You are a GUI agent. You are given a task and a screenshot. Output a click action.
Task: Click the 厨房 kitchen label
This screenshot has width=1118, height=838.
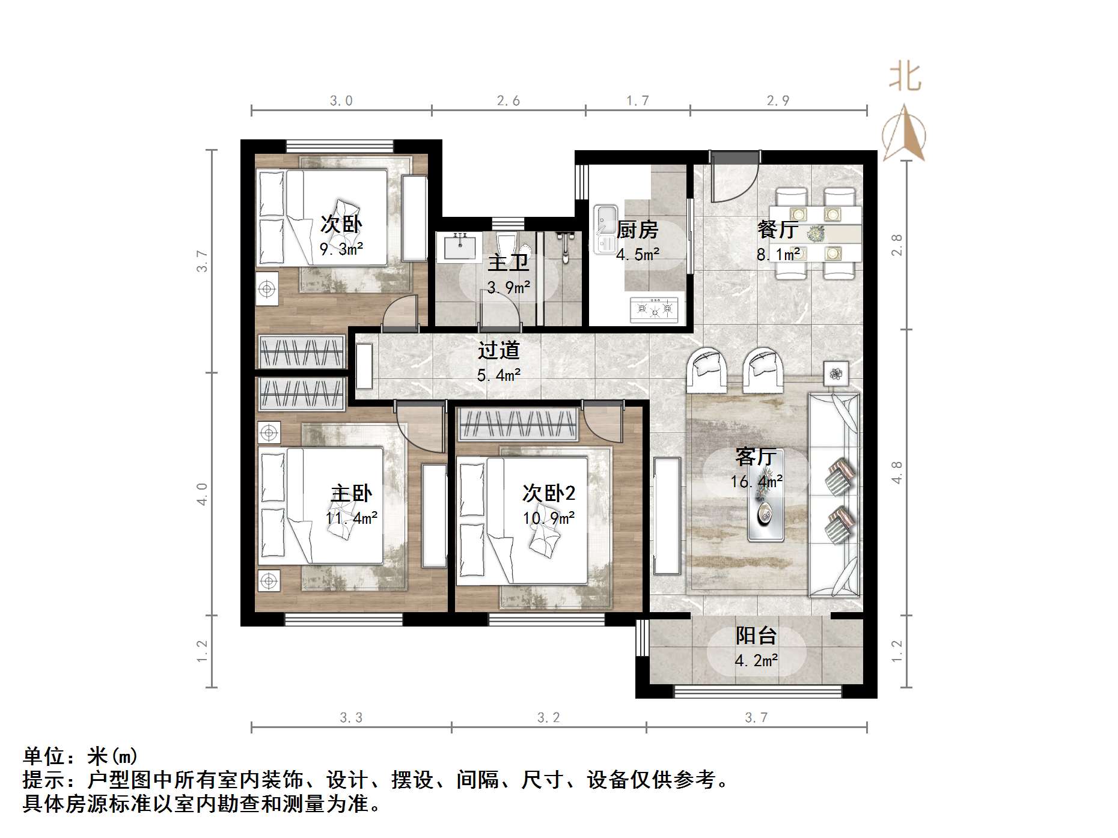[x=637, y=229]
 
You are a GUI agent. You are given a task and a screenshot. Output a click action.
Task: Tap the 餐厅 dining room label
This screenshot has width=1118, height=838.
[x=778, y=229]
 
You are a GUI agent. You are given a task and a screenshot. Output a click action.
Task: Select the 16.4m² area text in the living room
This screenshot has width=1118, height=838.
[x=756, y=482]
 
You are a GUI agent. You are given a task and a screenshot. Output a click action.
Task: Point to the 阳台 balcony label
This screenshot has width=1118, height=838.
[x=756, y=636]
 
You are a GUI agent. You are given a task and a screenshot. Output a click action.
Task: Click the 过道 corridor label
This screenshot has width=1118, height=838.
[x=498, y=350]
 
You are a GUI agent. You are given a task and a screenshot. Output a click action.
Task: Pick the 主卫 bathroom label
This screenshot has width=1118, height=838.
[x=508, y=263]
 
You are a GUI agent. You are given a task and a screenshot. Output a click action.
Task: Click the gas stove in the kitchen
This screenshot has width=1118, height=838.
[x=654, y=309]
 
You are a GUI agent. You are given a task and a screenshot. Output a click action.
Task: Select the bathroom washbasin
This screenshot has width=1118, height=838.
[x=460, y=247]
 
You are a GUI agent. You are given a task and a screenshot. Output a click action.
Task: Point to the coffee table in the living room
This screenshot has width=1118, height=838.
[x=766, y=512]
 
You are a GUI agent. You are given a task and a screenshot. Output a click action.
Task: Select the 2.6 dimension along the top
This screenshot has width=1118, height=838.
[x=508, y=101]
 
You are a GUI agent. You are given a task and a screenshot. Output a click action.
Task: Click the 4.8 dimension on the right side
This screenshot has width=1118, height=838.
[x=897, y=472]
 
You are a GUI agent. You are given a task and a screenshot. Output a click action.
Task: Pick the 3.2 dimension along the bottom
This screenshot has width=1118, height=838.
[x=548, y=717]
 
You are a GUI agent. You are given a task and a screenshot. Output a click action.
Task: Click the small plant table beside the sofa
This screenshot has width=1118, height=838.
[x=835, y=374]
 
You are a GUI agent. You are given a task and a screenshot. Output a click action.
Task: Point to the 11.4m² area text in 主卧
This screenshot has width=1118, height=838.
[x=352, y=518]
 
